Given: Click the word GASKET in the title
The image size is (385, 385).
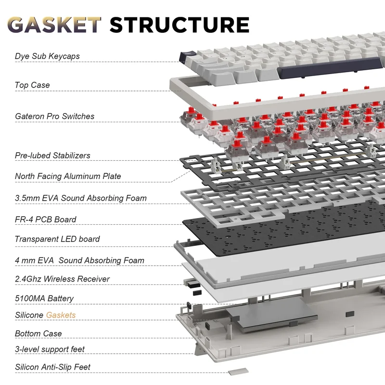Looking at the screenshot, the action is tap(54, 25).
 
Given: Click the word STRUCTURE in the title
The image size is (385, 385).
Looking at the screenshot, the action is tap(180, 25).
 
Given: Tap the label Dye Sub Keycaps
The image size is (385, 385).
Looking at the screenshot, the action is tap(47, 56).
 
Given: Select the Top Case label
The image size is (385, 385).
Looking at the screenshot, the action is tap(32, 85).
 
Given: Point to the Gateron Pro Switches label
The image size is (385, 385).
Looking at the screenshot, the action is tap(54, 116).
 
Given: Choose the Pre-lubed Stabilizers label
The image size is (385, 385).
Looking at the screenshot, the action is tap(52, 155).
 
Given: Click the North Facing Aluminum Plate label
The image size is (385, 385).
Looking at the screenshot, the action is tap(68, 176).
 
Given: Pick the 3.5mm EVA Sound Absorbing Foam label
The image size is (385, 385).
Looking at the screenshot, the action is tap(81, 198).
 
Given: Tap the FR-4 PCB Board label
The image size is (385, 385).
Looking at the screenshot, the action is tap(45, 219).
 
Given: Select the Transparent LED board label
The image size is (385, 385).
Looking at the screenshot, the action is tap(57, 239).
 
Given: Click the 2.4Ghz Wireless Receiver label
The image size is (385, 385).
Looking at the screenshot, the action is tap(62, 279).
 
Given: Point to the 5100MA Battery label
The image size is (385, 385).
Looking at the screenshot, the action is tap(44, 298).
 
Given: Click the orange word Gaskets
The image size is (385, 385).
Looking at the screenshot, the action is tap(61, 315).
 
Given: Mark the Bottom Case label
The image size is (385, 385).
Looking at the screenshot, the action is tap(38, 334).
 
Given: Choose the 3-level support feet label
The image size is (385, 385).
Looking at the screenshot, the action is tap(50, 349).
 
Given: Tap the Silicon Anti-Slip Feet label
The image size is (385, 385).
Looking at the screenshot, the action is tap(52, 367).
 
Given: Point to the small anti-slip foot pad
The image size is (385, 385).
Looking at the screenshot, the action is tap(238, 372).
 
